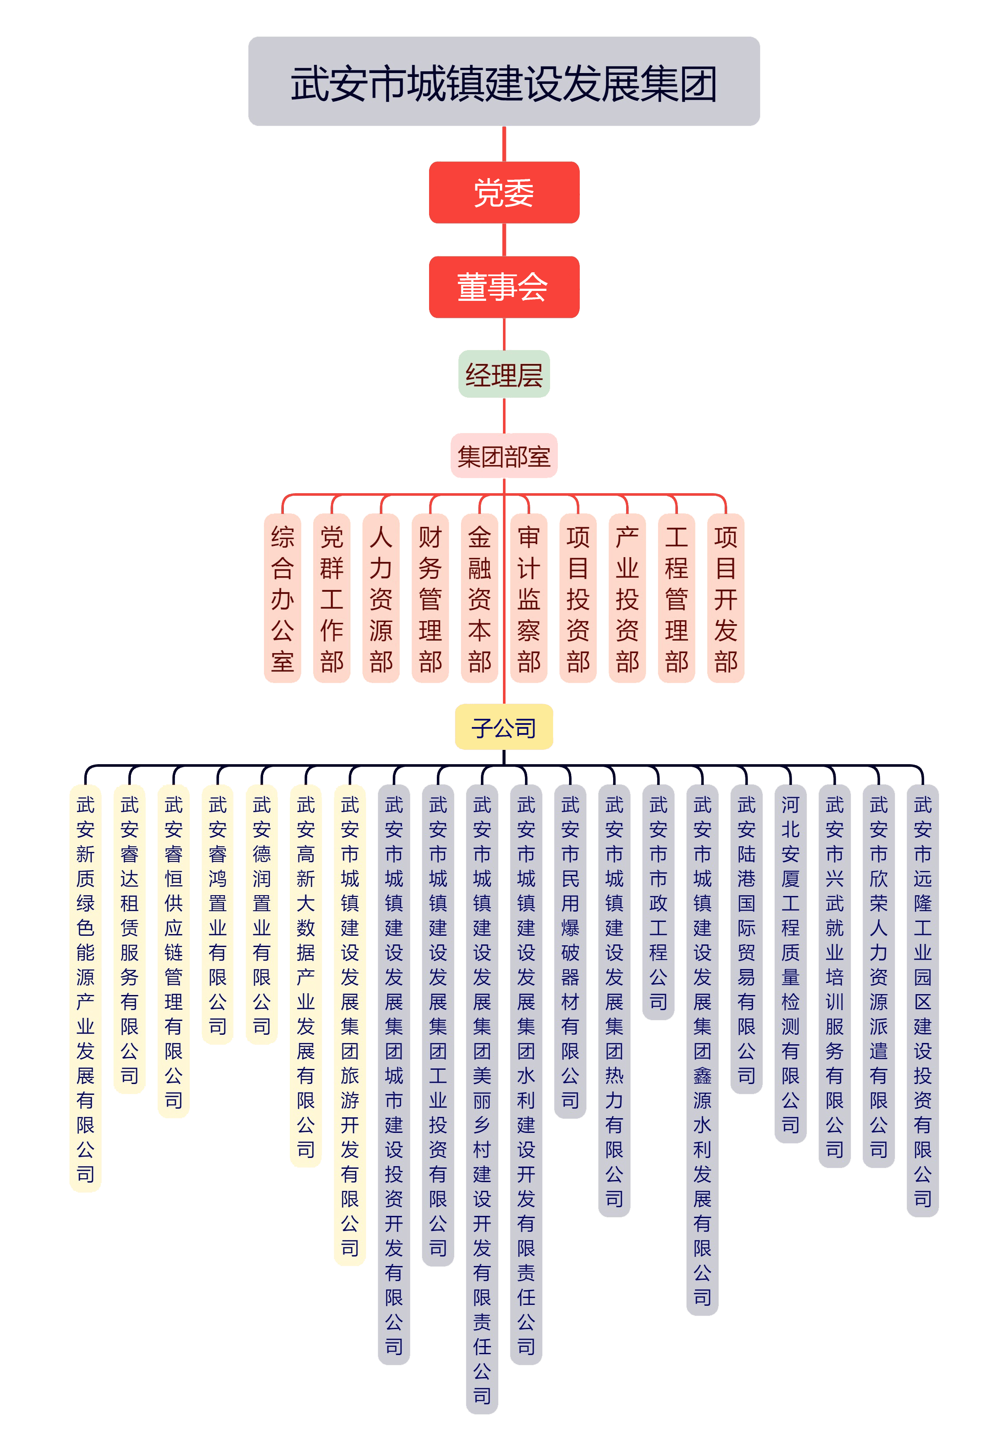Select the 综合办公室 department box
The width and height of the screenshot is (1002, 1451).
click(x=283, y=598)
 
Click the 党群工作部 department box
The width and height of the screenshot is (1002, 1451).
click(x=331, y=598)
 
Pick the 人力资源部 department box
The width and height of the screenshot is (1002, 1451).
click(x=381, y=598)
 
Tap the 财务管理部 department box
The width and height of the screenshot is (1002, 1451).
click(x=430, y=598)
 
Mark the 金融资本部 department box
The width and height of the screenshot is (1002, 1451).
click(x=479, y=598)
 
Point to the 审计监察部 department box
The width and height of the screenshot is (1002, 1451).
click(x=528, y=598)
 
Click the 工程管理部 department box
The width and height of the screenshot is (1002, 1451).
click(x=676, y=598)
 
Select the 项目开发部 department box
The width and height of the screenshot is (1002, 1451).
click(x=726, y=598)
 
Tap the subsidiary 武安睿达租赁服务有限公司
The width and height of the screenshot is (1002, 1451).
click(x=129, y=939)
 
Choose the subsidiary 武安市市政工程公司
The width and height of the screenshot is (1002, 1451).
click(x=658, y=902)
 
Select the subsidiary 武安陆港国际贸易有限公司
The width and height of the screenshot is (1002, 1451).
click(x=747, y=939)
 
